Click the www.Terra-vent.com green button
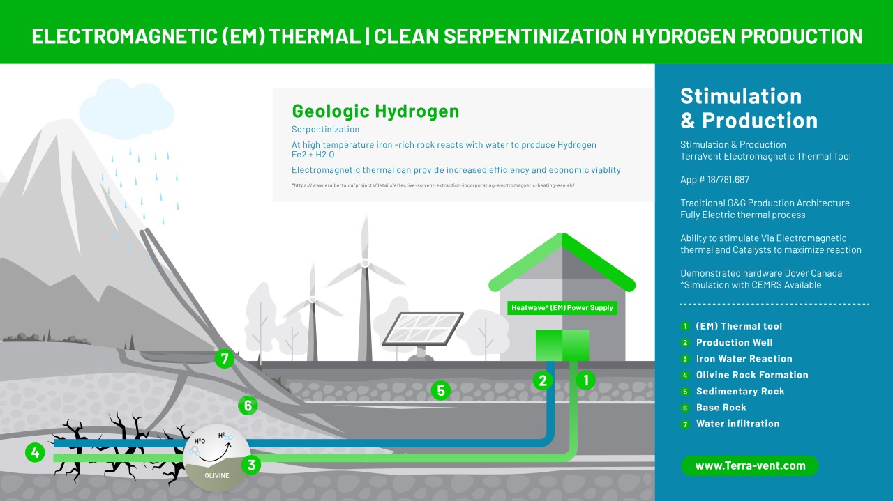point(750,465)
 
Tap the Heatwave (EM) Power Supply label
point(562,308)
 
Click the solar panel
point(423,329)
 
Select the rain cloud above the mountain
point(127,109)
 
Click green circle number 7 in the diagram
point(225,359)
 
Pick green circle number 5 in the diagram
point(441,391)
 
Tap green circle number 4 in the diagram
point(35,452)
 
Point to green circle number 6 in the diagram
point(248,406)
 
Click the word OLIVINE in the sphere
point(217,475)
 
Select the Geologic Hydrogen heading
point(375,111)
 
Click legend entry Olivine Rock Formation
point(752,375)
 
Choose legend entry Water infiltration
point(738,424)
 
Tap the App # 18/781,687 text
point(715,180)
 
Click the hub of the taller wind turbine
point(365,263)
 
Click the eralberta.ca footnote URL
point(433,185)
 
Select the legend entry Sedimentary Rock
point(740,392)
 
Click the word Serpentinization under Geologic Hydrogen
point(325,130)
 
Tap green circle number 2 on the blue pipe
point(543,380)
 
